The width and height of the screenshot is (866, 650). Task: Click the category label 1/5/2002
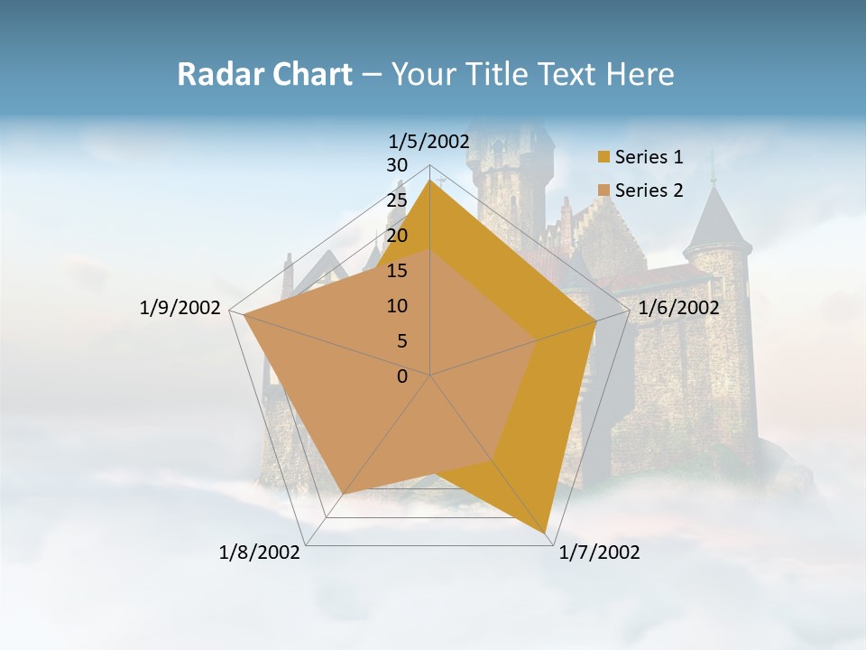[428, 141]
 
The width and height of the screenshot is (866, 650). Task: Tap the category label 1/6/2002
[678, 308]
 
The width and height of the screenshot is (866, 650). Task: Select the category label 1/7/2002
[599, 552]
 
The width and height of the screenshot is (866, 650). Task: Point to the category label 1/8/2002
[260, 552]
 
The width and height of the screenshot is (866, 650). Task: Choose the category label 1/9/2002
[180, 308]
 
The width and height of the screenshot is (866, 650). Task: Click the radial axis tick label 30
[397, 165]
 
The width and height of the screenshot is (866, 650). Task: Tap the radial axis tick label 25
[397, 200]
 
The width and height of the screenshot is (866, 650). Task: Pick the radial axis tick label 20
[397, 236]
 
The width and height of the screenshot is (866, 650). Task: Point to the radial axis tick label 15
[397, 271]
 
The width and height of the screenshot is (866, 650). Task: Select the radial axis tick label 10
[397, 306]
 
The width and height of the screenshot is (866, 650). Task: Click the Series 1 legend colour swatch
[603, 157]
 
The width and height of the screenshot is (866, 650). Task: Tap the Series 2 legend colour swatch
[603, 190]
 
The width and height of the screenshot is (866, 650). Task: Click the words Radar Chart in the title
[264, 75]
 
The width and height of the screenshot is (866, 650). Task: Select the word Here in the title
[640, 75]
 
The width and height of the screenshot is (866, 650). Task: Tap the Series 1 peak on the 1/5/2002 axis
[430, 181]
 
